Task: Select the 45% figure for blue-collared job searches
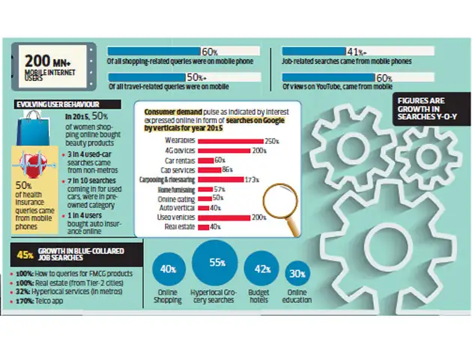point(25,254)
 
